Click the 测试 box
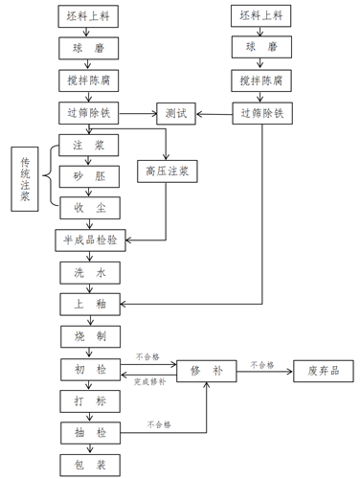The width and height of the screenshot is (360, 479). [175, 113]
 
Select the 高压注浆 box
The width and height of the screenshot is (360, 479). [167, 171]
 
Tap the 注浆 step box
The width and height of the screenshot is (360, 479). [88, 145]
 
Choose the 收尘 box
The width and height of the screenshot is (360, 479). [88, 206]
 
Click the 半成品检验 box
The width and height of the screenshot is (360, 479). [88, 239]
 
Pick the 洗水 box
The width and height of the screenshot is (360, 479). [88, 272]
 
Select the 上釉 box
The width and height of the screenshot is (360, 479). [88, 305]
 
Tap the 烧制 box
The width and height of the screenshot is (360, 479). [88, 337]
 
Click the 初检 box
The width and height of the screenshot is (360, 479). [88, 370]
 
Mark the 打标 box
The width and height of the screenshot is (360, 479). [88, 401]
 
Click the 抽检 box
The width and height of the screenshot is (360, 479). [88, 433]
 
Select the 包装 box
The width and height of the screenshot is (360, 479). [88, 466]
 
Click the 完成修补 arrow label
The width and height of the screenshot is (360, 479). [148, 381]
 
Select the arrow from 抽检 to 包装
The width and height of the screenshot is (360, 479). [88, 449]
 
